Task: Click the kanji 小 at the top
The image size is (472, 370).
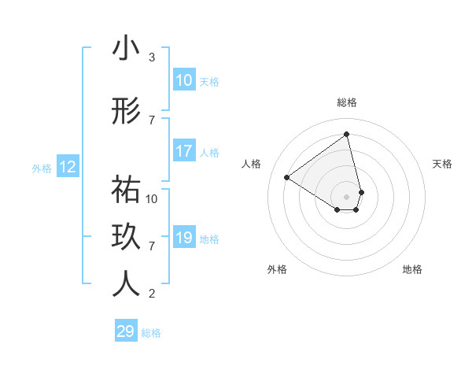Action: coord(126,49)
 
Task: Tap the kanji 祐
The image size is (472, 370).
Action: coord(126,190)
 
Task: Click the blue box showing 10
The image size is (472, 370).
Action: coord(184,80)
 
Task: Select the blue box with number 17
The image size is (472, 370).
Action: coord(184,151)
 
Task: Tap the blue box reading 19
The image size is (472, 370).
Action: coord(184,238)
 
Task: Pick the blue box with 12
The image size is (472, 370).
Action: coord(68,167)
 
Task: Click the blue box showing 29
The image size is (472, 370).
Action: coord(126,331)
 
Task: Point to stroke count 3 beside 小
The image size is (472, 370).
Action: coord(152,57)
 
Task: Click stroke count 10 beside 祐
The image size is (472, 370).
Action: coord(152,198)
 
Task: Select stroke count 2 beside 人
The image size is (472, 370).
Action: coord(152,294)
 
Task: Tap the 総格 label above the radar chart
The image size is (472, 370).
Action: coord(347,102)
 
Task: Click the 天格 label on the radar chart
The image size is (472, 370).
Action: coord(442,164)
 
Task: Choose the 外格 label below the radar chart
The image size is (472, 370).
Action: coord(277,269)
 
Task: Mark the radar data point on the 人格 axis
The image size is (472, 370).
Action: coord(287,177)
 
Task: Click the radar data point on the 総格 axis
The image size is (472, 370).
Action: coord(347,134)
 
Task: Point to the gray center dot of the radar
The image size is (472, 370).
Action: coord(347,196)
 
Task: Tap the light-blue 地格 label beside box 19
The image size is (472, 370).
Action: coord(210,239)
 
